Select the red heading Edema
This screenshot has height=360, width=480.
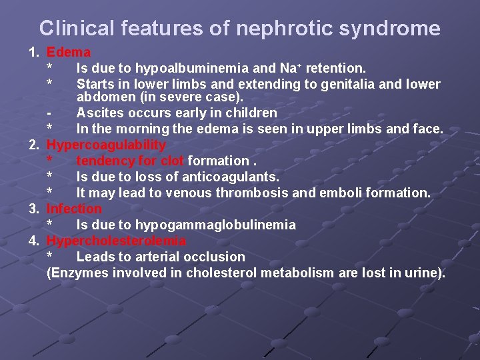tap(69, 52)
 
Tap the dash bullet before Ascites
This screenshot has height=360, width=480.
tap(49, 113)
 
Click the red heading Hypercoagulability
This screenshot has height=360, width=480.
tap(106, 145)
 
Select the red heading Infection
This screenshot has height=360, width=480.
tap(74, 209)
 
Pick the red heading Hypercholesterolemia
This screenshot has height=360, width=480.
tap(116, 241)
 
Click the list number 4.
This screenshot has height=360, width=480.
tap(33, 241)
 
